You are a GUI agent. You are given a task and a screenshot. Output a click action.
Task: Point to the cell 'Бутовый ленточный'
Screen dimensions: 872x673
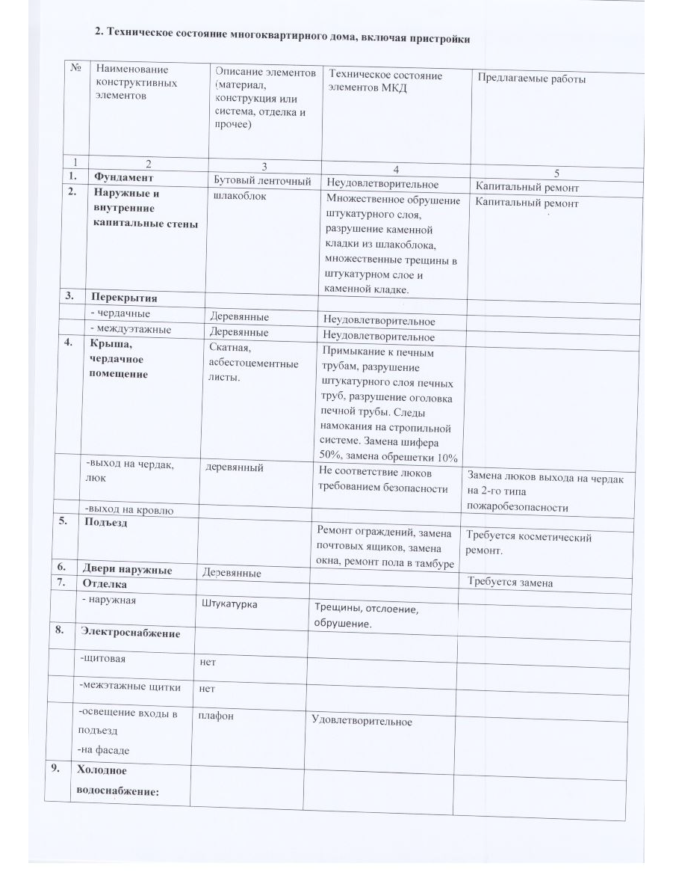[x=261, y=180]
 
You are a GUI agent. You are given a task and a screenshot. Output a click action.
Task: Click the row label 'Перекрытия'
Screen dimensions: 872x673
[x=124, y=297]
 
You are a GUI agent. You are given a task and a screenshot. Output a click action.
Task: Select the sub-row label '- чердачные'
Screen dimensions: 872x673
[x=120, y=314]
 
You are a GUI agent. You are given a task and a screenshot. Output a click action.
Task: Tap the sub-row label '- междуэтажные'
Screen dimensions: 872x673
[x=131, y=329]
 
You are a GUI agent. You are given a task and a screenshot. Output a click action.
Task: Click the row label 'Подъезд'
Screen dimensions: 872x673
[x=108, y=523]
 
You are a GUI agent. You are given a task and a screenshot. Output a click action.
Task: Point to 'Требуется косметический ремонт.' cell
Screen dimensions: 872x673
[x=528, y=544]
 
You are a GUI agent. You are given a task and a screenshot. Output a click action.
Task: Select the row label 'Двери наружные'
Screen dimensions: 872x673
[x=131, y=570]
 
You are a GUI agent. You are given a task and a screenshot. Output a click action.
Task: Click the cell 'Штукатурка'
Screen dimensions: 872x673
[x=230, y=603]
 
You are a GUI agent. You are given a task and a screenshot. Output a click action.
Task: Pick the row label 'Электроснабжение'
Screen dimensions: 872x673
[x=131, y=633]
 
